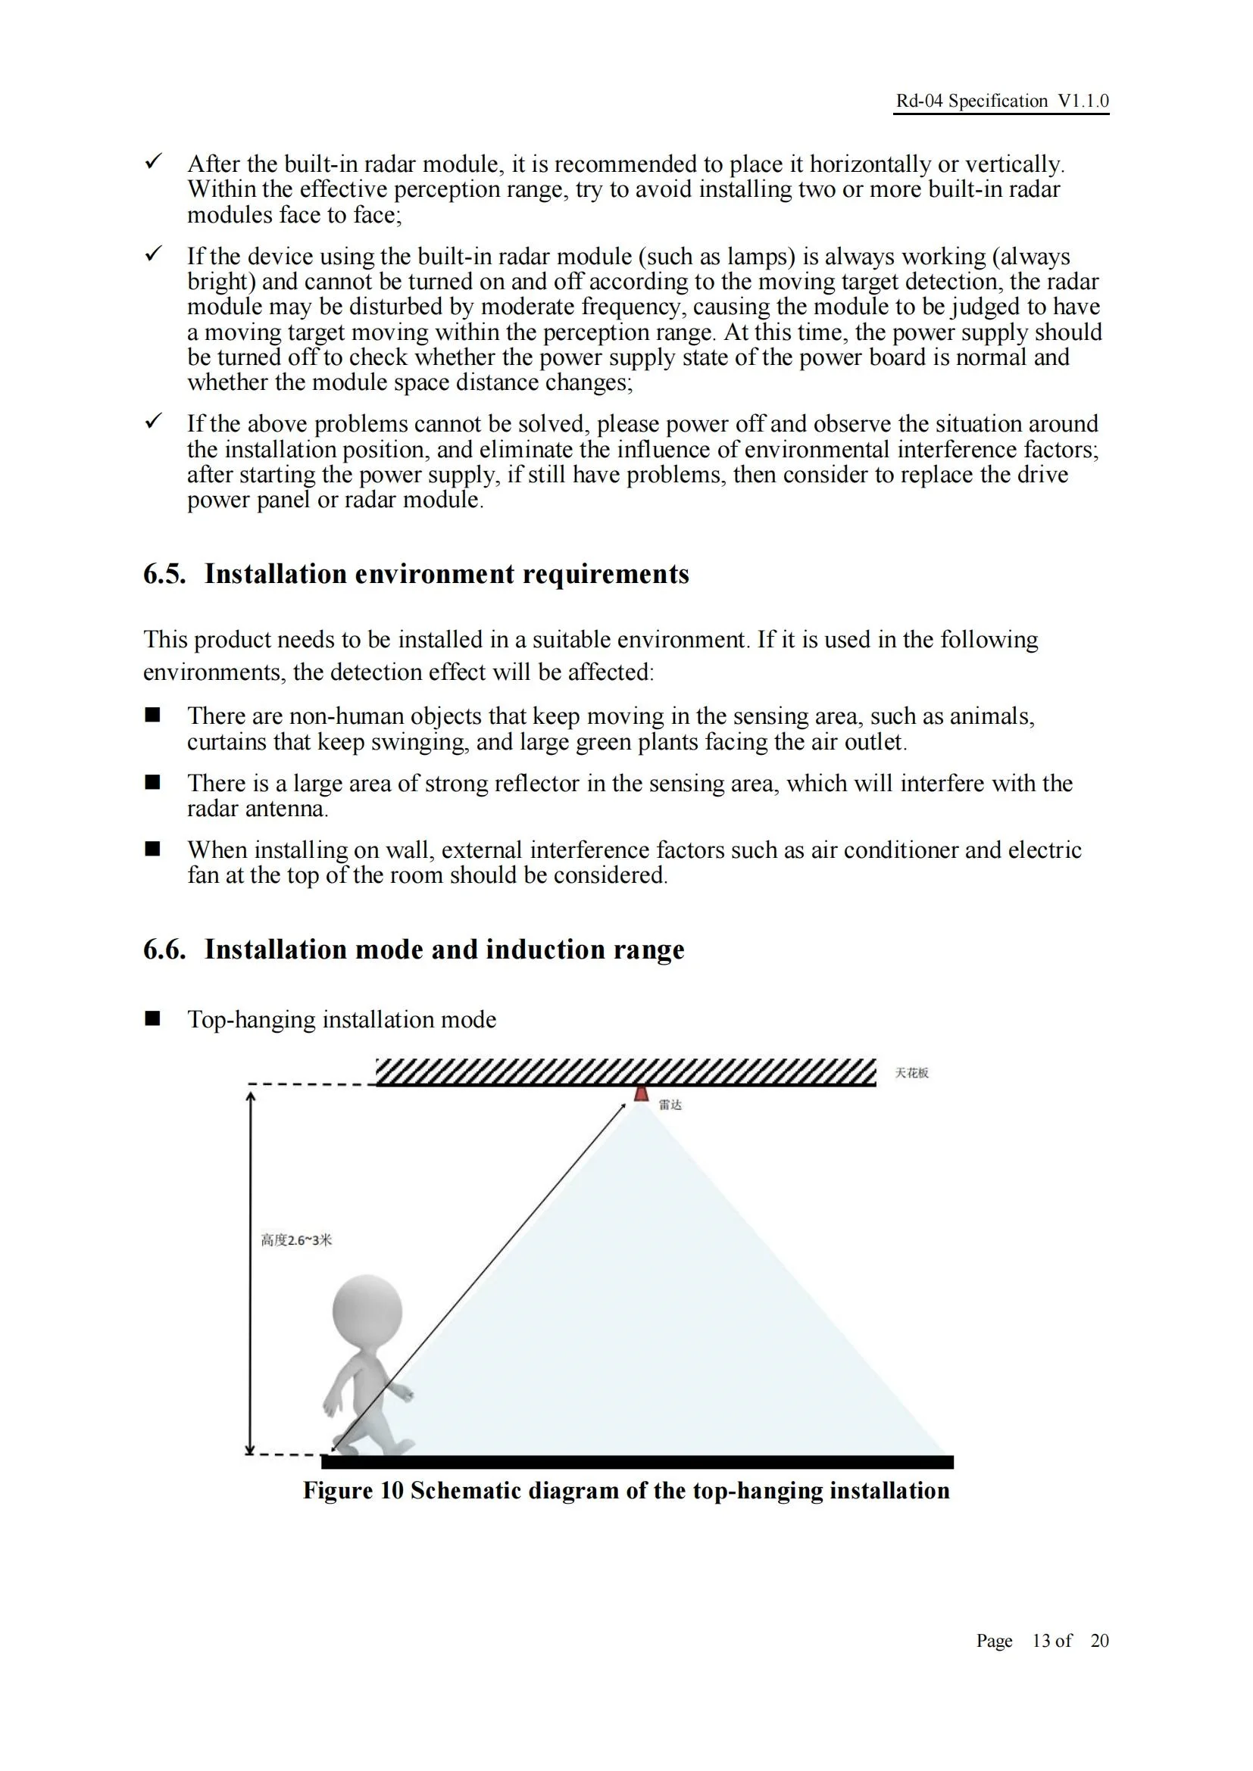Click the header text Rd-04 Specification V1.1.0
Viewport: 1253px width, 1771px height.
pos(1001,101)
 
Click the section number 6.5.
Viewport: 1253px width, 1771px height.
pos(164,575)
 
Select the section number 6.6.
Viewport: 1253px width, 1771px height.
pos(164,949)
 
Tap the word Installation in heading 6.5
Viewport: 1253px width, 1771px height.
pos(276,575)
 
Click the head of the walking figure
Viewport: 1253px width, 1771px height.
pos(367,1311)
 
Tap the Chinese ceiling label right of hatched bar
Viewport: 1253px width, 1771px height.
pos(911,1073)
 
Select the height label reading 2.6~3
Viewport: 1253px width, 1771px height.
pos(296,1240)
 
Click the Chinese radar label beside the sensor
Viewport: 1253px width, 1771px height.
pos(670,1105)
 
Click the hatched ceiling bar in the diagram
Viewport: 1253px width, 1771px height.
pos(626,1072)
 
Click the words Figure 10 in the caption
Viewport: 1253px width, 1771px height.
pos(353,1490)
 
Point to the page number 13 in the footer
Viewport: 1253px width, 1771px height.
pos(1042,1641)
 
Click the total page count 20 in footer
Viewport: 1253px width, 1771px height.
pos(1099,1641)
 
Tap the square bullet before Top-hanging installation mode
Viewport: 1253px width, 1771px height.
pos(153,1018)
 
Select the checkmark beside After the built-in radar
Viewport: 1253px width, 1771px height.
pos(154,162)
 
